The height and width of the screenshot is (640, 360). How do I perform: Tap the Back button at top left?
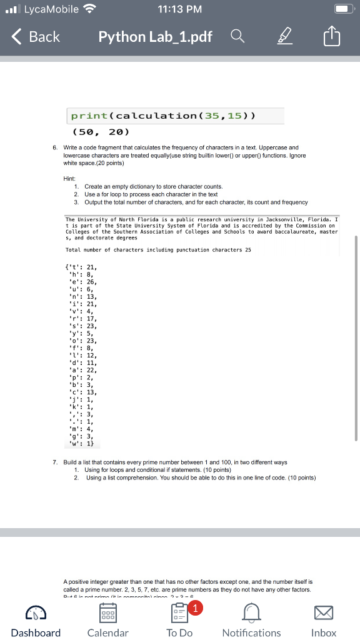coord(36,37)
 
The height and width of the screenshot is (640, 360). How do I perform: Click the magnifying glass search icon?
coord(237,37)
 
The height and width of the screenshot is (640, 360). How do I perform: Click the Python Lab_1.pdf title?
coord(155,37)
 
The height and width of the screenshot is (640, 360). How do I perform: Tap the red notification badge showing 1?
coord(197,606)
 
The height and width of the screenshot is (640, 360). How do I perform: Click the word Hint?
coord(69,178)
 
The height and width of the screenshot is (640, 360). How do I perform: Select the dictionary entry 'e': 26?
coord(81,282)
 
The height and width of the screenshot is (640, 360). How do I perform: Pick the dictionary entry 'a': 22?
coord(81,370)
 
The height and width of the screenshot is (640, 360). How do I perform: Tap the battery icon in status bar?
coord(341,9)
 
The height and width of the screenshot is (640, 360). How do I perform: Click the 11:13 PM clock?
coord(179,9)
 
